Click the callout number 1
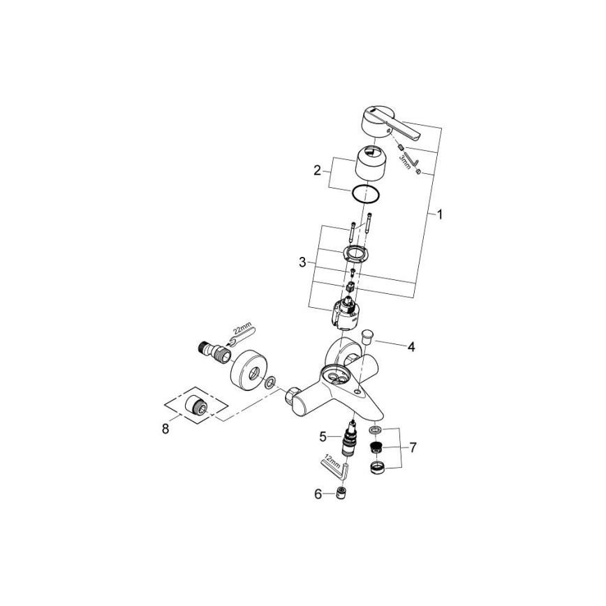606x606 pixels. pyautogui.click(x=440, y=215)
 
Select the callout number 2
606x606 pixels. pyautogui.click(x=317, y=169)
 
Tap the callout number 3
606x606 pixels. pyautogui.click(x=302, y=263)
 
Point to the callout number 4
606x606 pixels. pyautogui.click(x=411, y=346)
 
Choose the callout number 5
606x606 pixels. pyautogui.click(x=323, y=436)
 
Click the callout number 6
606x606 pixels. pyautogui.click(x=318, y=494)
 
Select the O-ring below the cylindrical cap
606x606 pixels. pyautogui.click(x=365, y=195)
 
